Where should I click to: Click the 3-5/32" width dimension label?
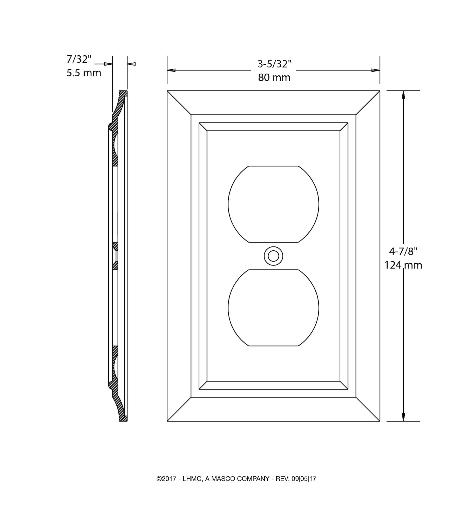(274, 64)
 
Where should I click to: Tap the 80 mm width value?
(274, 77)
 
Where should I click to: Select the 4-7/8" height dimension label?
(403, 251)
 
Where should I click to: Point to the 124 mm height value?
(403, 265)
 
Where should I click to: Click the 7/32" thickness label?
(79, 59)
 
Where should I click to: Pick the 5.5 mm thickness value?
(84, 73)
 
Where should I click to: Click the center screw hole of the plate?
(273, 256)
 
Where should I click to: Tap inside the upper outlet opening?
(273, 204)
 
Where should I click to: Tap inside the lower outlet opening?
(273, 308)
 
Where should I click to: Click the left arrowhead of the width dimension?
(171, 70)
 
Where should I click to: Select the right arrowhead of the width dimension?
(376, 70)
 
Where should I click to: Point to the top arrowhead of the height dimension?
(403, 95)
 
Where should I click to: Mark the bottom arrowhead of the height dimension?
(403, 417)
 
